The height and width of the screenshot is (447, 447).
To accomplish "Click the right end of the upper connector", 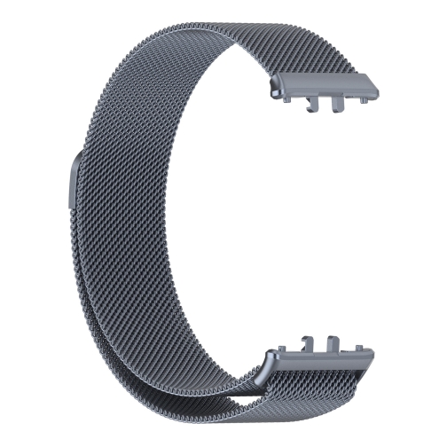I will click(x=376, y=94).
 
